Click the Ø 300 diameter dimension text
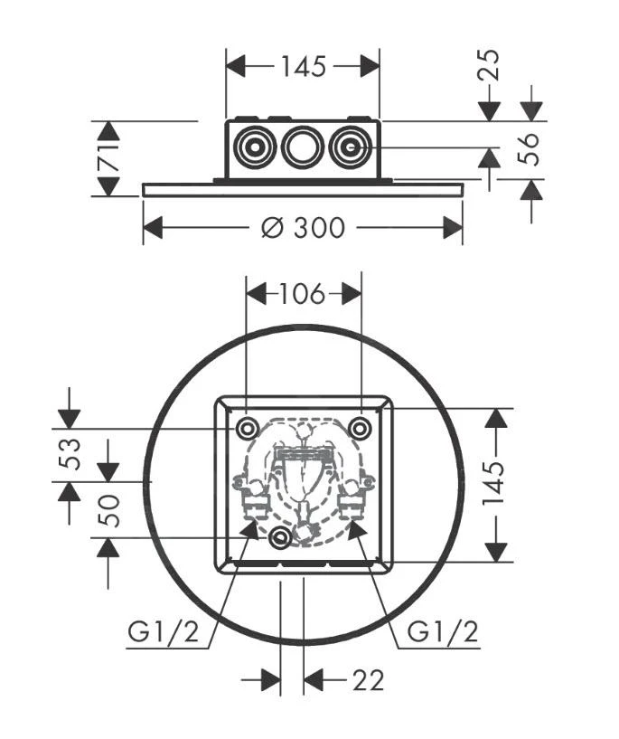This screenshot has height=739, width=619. click(303, 227)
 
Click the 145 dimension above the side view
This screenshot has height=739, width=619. click(303, 66)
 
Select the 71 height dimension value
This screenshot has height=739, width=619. click(108, 158)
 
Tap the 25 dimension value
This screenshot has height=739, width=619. click(489, 66)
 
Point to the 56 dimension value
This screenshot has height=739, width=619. click(531, 148)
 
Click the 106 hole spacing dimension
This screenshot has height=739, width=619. click(303, 293)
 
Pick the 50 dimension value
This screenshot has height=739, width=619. click(108, 510)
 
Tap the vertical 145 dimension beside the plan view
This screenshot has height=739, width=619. click(496, 485)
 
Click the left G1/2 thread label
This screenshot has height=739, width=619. click(162, 632)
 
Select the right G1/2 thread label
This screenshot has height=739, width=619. click(443, 632)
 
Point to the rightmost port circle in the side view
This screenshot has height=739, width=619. click(350, 147)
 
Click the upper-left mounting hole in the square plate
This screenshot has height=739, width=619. click(246, 428)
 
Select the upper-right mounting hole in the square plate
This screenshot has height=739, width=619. click(360, 428)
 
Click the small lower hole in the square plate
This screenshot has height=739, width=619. click(281, 538)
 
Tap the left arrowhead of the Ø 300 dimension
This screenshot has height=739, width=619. click(152, 227)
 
